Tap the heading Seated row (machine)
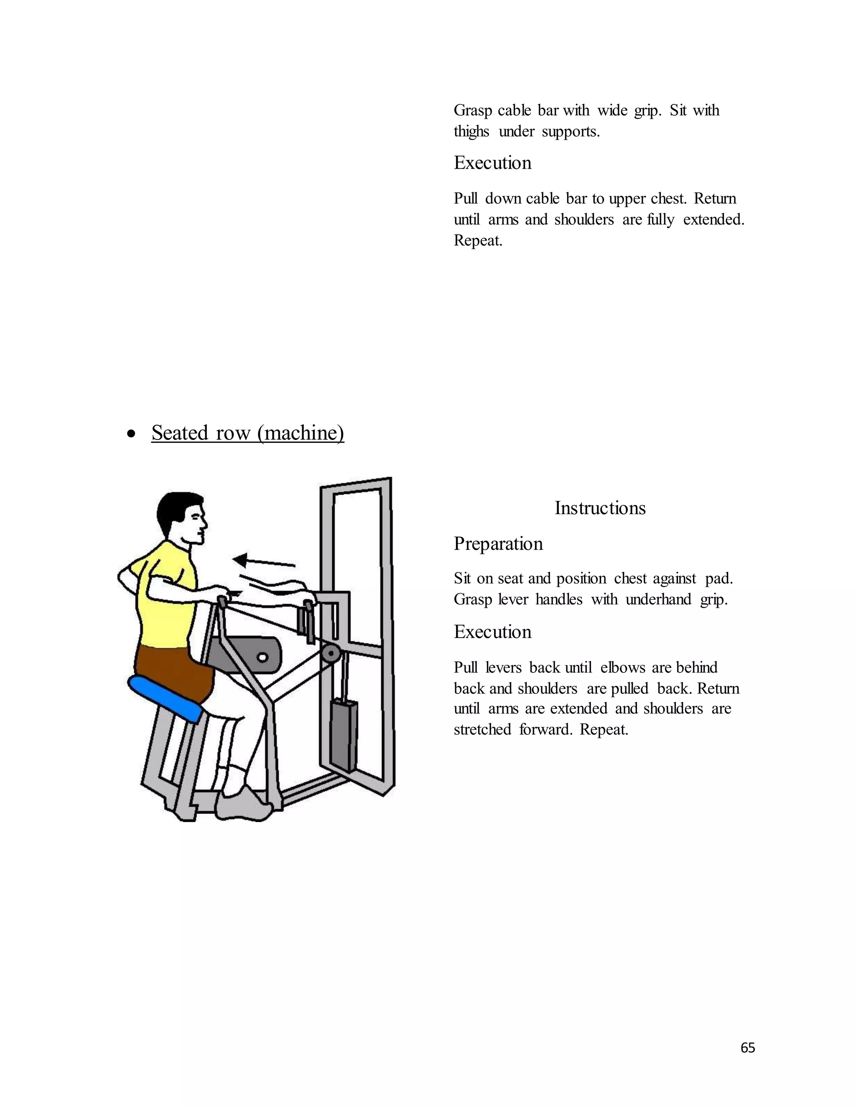(247, 433)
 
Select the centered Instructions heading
(600, 508)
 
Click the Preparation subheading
(498, 544)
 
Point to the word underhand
(659, 599)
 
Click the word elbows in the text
(622, 668)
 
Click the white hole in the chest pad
(262, 658)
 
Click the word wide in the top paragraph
(612, 111)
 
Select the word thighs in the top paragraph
(471, 132)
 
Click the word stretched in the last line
(482, 730)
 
